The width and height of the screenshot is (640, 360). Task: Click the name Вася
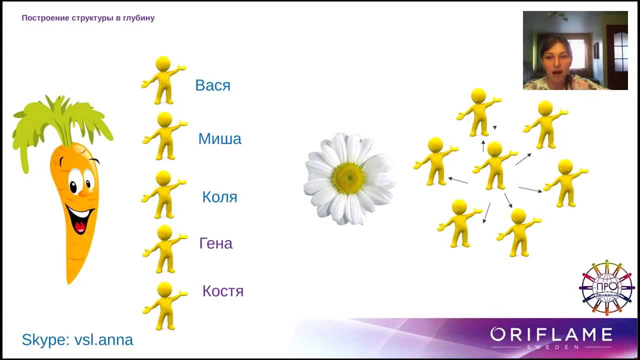tap(212, 85)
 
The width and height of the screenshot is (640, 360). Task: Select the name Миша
tap(219, 138)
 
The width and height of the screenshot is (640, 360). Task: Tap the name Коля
tap(219, 196)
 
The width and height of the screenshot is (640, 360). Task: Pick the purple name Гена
tap(216, 243)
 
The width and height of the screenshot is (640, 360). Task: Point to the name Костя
tap(222, 291)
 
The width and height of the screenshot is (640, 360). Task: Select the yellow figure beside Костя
tap(164, 305)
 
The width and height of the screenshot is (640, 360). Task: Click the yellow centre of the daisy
tap(348, 178)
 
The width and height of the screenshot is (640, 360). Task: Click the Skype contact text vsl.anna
tap(103, 340)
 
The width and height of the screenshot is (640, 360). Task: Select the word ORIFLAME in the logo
tap(551, 334)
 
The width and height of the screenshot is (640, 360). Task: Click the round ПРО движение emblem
tap(606, 287)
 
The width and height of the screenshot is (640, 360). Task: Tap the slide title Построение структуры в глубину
tap(88, 18)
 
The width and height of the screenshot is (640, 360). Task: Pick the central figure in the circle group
tap(494, 165)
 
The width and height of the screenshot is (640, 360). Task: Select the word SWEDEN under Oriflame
tap(551, 346)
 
